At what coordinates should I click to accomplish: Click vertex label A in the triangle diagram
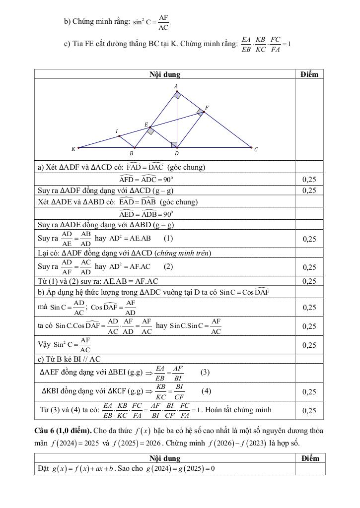176,86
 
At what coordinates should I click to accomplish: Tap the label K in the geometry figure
73,148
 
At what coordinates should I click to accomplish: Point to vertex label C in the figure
256,149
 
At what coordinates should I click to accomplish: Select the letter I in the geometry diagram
117,131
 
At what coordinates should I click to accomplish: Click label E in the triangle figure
146,124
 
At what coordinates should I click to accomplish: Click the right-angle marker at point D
174,144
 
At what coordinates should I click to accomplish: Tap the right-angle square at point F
200,113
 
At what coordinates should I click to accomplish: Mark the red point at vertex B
134,147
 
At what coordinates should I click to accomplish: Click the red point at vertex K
78,147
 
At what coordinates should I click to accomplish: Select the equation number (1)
169,238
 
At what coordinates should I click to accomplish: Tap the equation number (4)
207,391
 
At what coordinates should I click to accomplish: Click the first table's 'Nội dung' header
165,74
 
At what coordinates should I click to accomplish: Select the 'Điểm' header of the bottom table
310,458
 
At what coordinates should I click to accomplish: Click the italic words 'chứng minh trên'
183,253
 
